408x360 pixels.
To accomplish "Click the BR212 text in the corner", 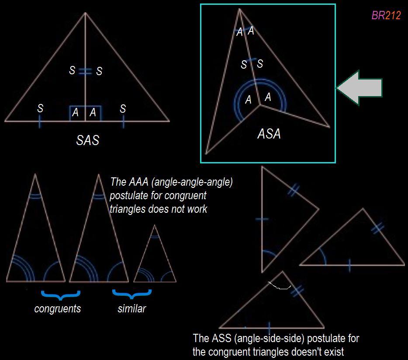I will (386, 16).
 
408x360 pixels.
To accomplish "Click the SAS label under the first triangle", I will (87, 140).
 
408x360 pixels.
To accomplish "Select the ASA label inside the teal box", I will (269, 134).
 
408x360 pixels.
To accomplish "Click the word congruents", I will (58, 308).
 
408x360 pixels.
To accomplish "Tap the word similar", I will (131, 308).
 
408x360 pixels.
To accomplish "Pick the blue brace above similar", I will (131, 294).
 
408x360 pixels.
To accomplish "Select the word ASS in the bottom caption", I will (221, 338).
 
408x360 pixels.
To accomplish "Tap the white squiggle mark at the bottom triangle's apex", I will (280, 287).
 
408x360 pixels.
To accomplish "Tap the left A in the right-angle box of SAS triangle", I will (76, 113).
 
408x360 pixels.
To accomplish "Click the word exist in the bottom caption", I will (333, 351).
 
